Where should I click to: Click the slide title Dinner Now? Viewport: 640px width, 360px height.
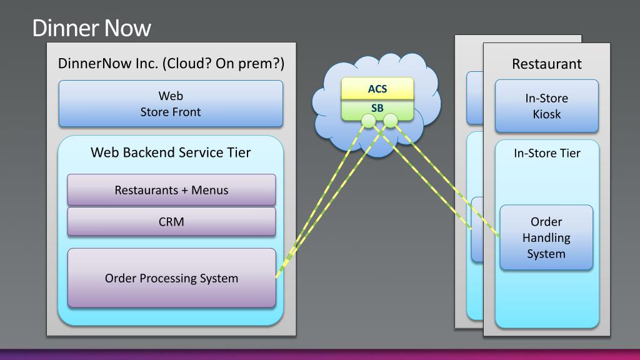click(92, 28)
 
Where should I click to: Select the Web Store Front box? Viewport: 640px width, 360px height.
click(171, 104)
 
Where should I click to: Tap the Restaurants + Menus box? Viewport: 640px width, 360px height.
click(171, 190)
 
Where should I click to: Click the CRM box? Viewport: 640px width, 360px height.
click(171, 222)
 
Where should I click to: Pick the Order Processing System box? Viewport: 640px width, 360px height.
click(171, 278)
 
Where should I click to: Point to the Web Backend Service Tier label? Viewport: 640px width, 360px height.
click(171, 152)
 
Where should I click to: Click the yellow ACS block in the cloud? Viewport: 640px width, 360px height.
click(377, 89)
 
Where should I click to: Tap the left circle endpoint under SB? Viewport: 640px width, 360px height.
click(369, 121)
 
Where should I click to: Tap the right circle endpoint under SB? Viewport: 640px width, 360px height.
click(391, 121)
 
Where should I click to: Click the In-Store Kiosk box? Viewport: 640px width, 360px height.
click(546, 106)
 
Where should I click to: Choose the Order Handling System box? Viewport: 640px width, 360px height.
click(546, 237)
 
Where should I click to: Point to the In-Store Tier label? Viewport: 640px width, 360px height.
click(547, 153)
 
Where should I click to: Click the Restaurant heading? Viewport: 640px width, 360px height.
click(547, 64)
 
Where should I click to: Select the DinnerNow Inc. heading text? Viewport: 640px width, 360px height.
click(171, 64)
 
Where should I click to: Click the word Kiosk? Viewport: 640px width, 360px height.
click(546, 114)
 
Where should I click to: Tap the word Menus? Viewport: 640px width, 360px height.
click(210, 190)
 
